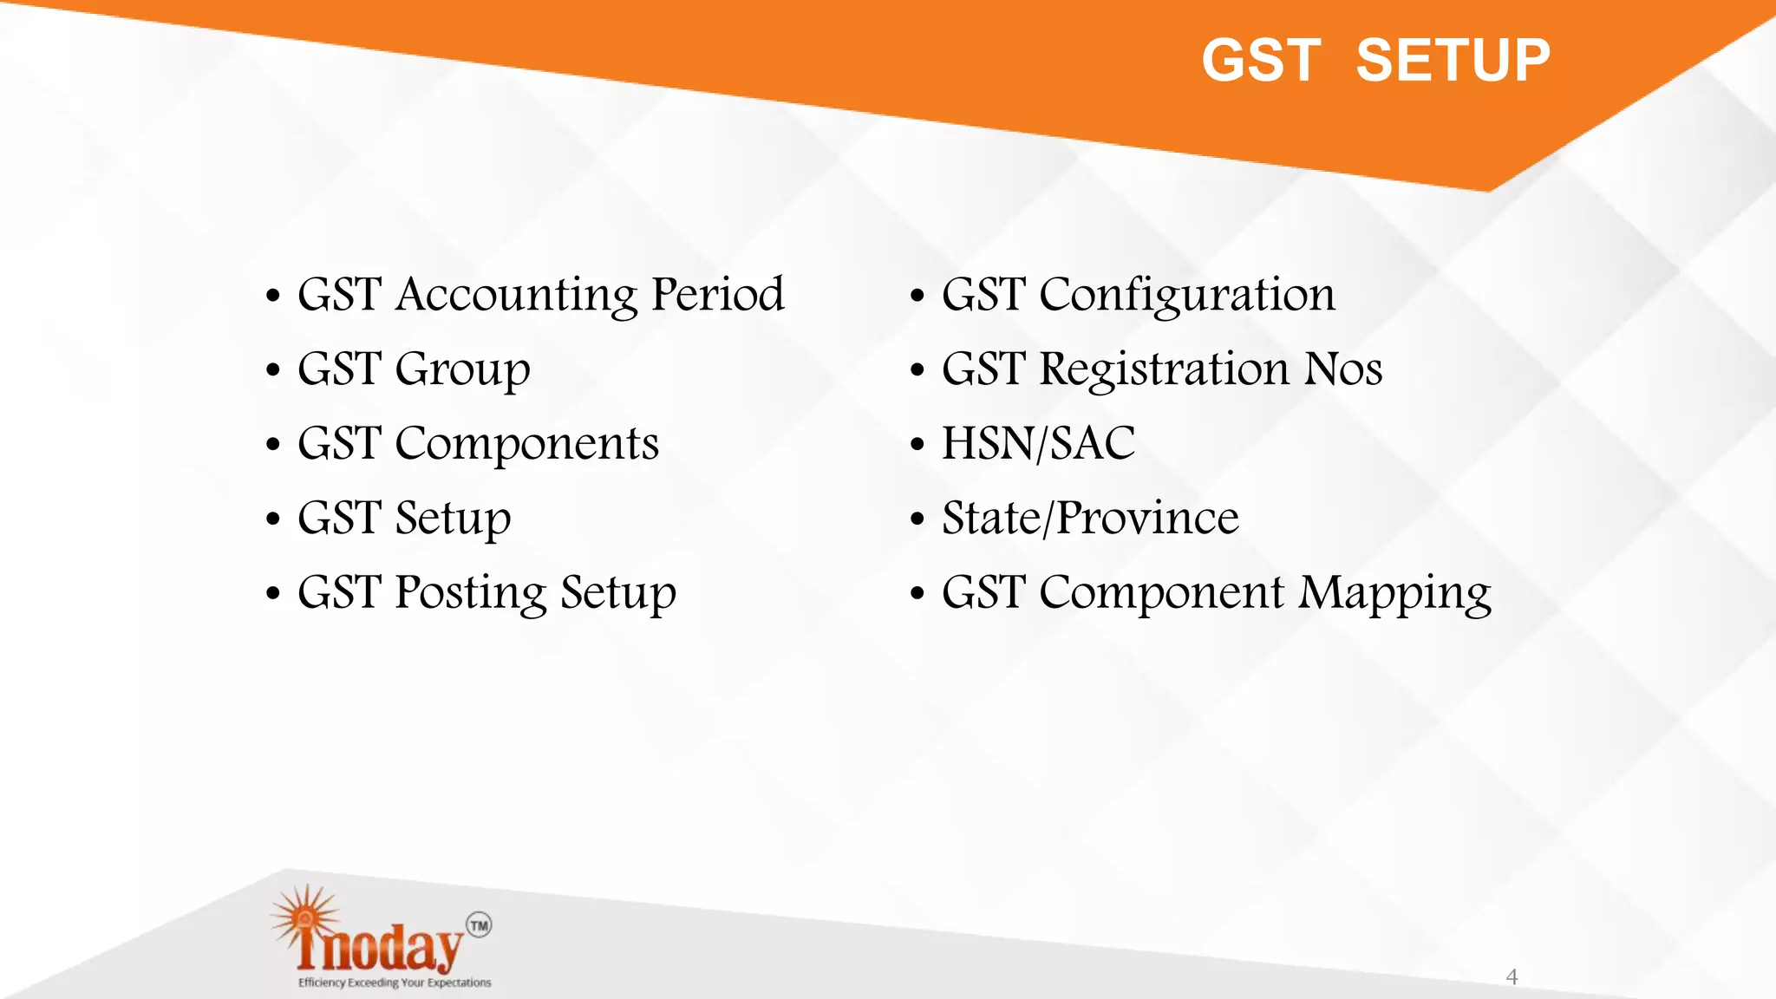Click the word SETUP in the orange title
pos(1453,61)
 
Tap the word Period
pos(718,294)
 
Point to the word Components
pos(526,444)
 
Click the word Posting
pos(470,594)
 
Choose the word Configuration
pos(1186,296)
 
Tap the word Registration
pos(1165,370)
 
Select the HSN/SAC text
pos(1038,443)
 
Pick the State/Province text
pos(1090,519)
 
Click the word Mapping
pos(1394,594)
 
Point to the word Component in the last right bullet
pos(1161,594)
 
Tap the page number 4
pos(1512,977)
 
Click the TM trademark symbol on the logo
pos(479,925)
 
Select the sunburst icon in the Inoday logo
pos(304,917)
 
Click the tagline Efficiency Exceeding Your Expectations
pos(395,983)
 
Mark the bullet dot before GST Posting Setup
pos(273,594)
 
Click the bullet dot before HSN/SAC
pos(917,445)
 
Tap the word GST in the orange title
pos(1261,61)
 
